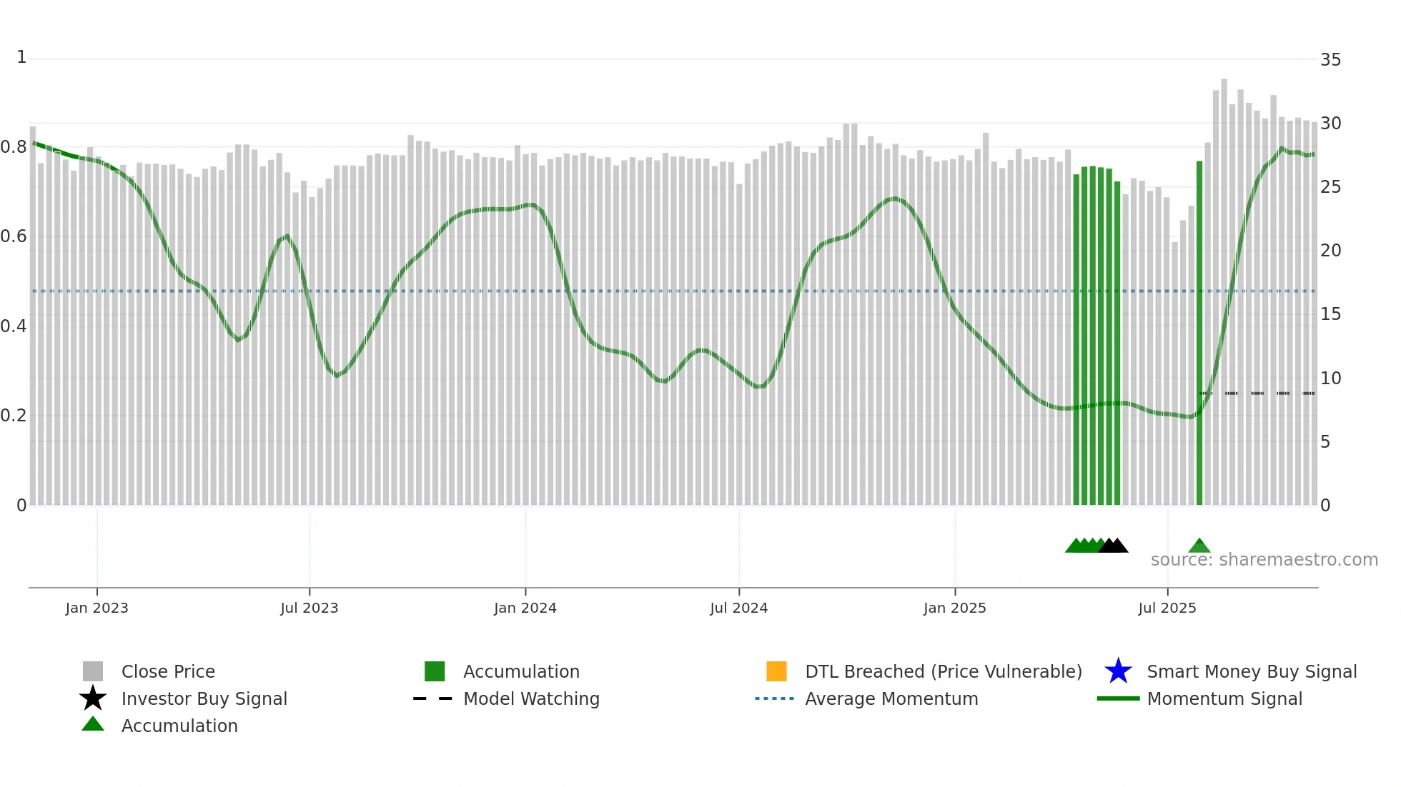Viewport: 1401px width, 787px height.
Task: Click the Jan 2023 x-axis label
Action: pos(96,608)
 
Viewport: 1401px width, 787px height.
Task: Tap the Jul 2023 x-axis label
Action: pos(309,608)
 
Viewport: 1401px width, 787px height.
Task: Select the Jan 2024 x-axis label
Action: pos(525,608)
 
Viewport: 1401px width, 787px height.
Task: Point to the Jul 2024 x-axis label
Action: pos(738,608)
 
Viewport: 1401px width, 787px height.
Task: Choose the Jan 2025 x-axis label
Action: pos(954,608)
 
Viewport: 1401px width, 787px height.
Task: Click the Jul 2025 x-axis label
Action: pos(1167,608)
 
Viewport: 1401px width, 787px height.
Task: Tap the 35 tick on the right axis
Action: pos(1330,60)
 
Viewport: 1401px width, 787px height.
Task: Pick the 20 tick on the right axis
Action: pos(1330,251)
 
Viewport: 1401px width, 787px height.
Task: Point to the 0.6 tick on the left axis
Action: pos(14,236)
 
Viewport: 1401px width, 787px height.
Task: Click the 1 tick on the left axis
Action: pos(21,57)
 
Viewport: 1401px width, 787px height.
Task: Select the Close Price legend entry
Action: pos(168,671)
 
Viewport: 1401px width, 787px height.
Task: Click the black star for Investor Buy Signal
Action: pos(93,698)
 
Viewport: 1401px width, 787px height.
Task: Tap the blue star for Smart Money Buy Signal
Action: pos(1118,671)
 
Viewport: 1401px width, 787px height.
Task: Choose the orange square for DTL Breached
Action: pos(776,671)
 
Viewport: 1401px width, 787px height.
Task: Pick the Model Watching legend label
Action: pos(531,698)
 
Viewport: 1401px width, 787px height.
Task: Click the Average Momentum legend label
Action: pos(891,698)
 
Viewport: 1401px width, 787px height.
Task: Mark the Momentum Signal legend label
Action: pos(1224,698)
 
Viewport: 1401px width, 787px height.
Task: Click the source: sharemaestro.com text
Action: pos(1264,560)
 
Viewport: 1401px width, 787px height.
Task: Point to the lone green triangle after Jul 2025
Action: pos(1199,546)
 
